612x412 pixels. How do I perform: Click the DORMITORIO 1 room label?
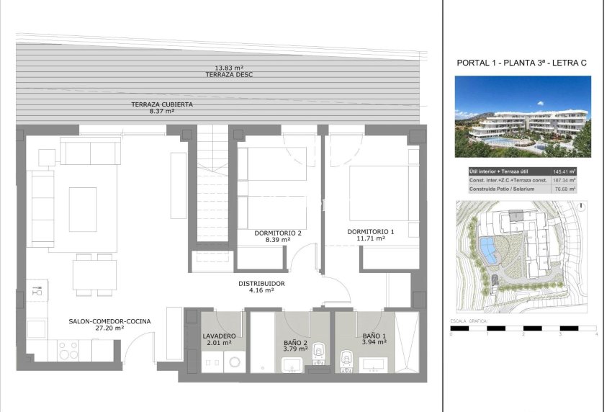[x=371, y=231]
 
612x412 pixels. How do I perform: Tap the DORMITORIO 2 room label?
[x=278, y=233]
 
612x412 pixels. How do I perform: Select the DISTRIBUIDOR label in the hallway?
[x=261, y=284]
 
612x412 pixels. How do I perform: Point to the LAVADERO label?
[x=219, y=336]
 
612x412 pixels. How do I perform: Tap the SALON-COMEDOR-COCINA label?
[x=109, y=321]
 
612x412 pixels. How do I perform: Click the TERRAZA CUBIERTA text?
[x=162, y=104]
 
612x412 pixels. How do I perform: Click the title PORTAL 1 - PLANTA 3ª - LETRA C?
[x=522, y=63]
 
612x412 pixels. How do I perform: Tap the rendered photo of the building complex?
[x=523, y=117]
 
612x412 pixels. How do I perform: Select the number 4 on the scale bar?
[x=596, y=335]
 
